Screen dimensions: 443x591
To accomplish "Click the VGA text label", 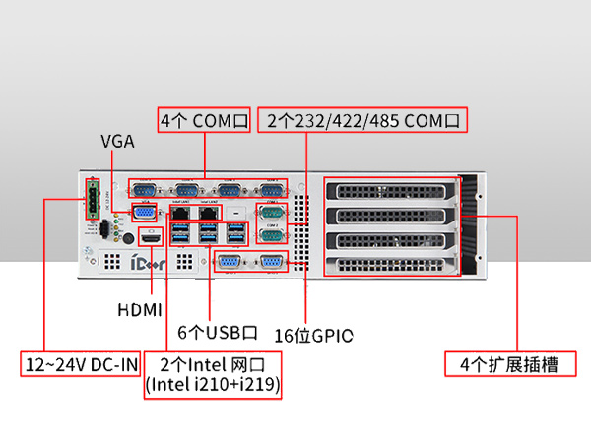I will [x=117, y=141].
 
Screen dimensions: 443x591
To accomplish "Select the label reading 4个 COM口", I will [x=205, y=121].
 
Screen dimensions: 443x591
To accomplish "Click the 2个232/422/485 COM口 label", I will [x=362, y=121].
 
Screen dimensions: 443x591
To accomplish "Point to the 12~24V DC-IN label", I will [x=81, y=365].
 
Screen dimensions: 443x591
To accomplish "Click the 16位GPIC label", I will [x=313, y=335].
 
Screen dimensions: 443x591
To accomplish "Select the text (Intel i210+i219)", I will [x=213, y=387].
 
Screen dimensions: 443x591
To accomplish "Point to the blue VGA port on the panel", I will [x=143, y=212].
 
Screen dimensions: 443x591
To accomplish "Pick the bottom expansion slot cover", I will [x=391, y=264].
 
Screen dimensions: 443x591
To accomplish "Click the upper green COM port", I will [x=270, y=212].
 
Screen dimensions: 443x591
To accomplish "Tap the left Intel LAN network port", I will [x=180, y=212].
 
